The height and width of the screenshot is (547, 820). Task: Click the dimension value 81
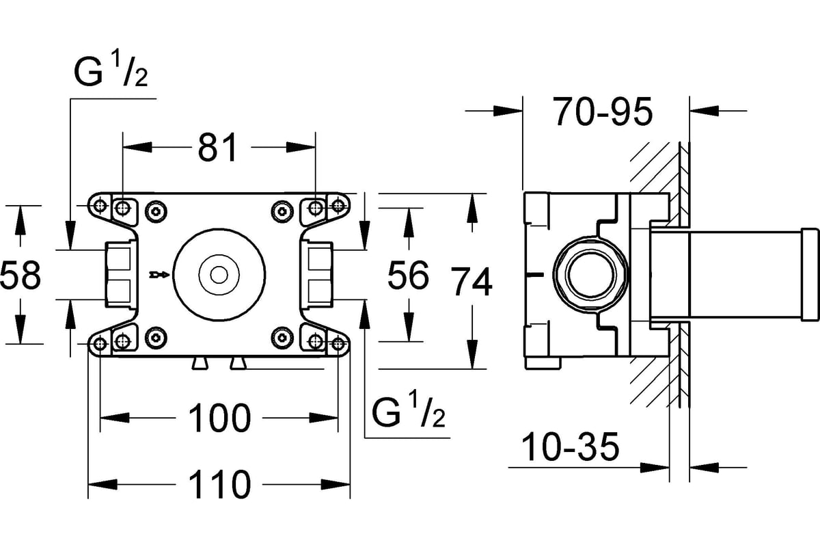(x=218, y=147)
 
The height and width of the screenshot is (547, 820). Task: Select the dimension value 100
(x=219, y=418)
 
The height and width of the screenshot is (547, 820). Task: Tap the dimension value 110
(x=219, y=484)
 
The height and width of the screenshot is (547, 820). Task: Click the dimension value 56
(x=408, y=275)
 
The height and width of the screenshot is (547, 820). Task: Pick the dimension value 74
(x=471, y=282)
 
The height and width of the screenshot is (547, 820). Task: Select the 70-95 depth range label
(x=603, y=111)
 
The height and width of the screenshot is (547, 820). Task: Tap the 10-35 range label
(x=570, y=446)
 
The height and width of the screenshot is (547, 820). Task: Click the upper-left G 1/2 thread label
(x=111, y=70)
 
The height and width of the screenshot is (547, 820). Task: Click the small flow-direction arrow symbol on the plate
(x=159, y=274)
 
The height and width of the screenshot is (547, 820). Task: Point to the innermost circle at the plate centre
(x=219, y=275)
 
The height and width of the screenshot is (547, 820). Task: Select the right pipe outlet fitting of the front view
(x=317, y=275)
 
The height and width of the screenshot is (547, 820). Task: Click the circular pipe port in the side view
(x=590, y=275)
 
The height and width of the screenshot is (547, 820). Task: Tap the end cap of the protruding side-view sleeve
(x=809, y=275)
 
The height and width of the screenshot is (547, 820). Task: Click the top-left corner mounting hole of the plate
(x=100, y=206)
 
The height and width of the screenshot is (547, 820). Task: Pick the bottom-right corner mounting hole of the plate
(x=338, y=344)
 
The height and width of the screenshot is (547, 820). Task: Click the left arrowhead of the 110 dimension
(x=103, y=484)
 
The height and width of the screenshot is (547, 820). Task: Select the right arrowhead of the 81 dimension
(x=301, y=147)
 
